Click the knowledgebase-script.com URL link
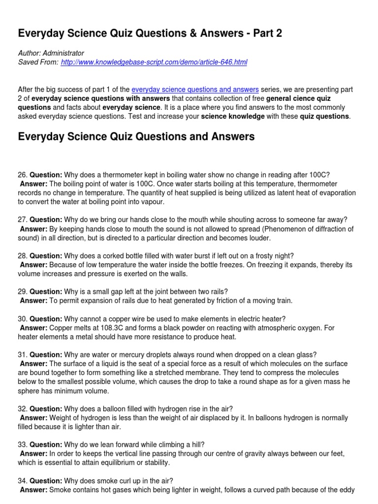coord(154,62)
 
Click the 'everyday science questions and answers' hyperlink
coord(195,90)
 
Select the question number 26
coord(22,175)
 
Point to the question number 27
coord(22,220)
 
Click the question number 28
coord(22,256)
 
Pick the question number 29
coord(22,292)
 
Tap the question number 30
coord(22,319)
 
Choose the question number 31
coord(22,355)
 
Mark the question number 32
coord(22,409)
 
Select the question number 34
coord(22,481)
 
